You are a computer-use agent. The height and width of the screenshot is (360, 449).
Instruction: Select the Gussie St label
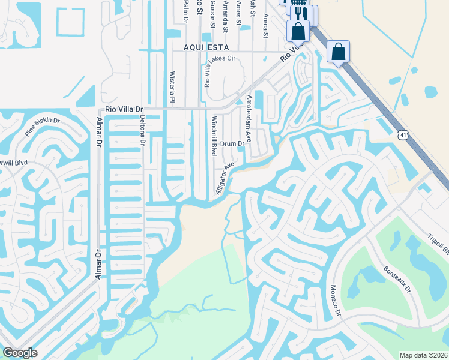pyautogui.click(x=212, y=13)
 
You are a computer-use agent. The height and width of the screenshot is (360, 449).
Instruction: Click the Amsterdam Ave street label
pyautogui.click(x=249, y=117)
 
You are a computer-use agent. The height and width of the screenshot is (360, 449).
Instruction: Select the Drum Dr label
pyautogui.click(x=232, y=144)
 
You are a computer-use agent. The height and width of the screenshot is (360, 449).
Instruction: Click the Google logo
pyautogui.click(x=20, y=353)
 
